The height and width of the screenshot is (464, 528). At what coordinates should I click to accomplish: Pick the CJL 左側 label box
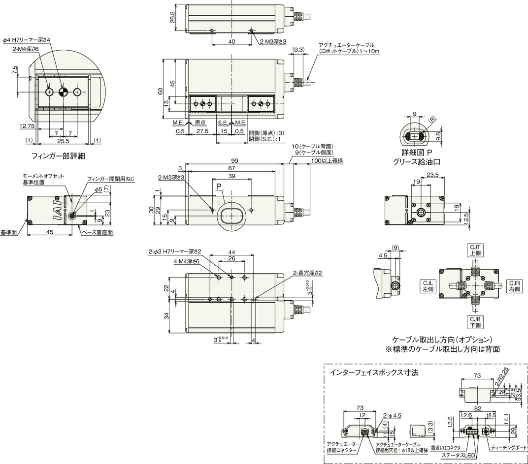click(x=427, y=286)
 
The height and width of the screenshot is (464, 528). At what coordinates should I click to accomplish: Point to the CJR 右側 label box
click(x=515, y=286)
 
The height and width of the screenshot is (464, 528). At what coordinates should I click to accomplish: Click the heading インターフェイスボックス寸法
click(x=374, y=372)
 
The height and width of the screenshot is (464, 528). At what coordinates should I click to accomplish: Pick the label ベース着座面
click(x=97, y=232)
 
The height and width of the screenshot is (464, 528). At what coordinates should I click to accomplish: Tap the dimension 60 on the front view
click(x=160, y=91)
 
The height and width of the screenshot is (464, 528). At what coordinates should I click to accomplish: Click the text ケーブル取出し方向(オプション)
click(x=442, y=340)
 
